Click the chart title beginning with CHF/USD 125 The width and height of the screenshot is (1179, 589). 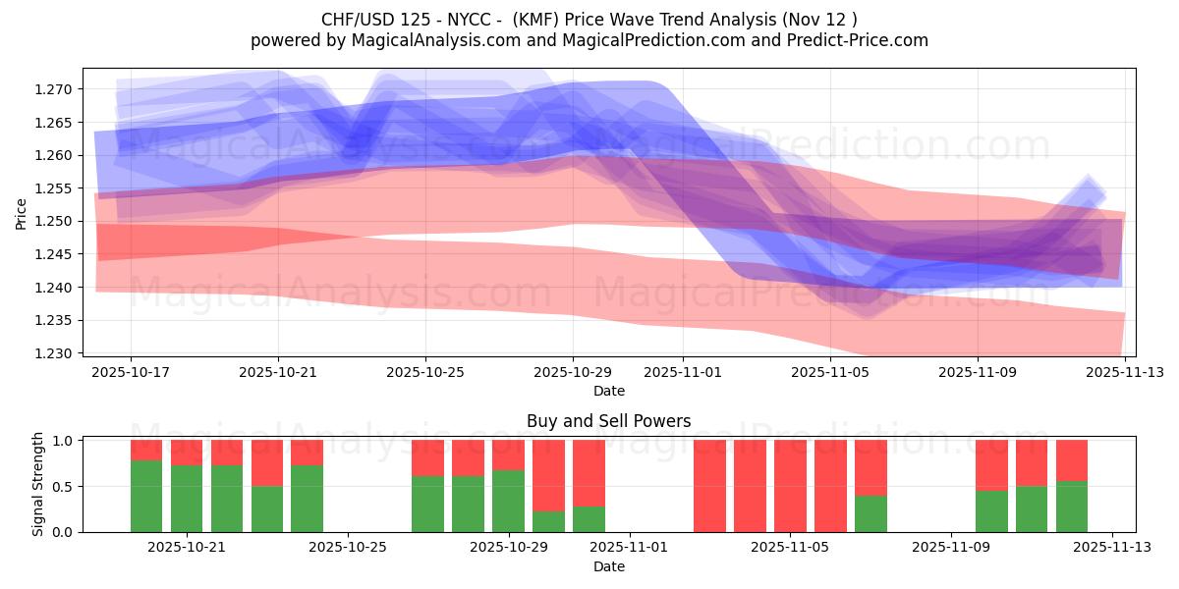[x=589, y=19]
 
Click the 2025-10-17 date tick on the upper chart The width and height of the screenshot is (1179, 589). [x=131, y=372]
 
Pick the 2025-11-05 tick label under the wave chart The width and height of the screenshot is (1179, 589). [x=830, y=372]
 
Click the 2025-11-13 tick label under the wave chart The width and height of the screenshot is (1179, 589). [x=1125, y=372]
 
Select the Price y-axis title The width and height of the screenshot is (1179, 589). [x=22, y=213]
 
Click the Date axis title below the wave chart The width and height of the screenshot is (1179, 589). [x=608, y=391]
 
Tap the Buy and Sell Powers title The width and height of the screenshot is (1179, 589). [x=608, y=421]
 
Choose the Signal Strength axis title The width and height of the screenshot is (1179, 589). [x=38, y=485]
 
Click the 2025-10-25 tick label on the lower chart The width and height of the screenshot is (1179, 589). [x=348, y=548]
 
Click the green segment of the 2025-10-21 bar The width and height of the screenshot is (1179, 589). [x=187, y=499]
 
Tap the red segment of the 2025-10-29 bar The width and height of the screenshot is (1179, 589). [x=508, y=455]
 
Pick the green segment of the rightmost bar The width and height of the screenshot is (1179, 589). [x=1072, y=507]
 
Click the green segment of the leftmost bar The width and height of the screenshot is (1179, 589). [x=146, y=496]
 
